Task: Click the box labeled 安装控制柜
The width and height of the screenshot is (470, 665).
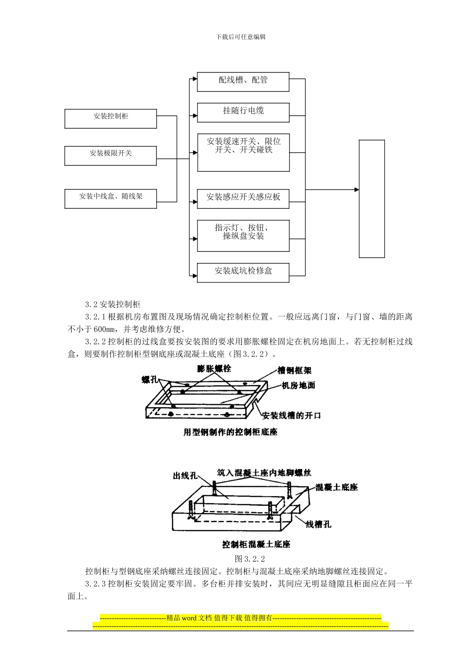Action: click(x=110, y=119)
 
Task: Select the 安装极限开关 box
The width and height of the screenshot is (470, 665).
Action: click(x=110, y=155)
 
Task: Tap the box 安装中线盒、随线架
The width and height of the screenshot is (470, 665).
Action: click(x=110, y=198)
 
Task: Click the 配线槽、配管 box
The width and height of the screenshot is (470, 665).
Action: click(x=243, y=82)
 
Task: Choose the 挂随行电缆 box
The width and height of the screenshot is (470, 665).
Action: click(x=243, y=112)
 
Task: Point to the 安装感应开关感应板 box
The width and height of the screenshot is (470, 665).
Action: click(x=243, y=196)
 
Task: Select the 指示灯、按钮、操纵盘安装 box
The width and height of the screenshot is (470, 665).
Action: click(x=243, y=236)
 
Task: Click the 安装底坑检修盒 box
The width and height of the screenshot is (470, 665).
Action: click(x=243, y=273)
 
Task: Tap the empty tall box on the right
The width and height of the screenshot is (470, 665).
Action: click(x=372, y=198)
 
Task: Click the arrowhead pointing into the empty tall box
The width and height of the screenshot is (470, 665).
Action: click(x=356, y=190)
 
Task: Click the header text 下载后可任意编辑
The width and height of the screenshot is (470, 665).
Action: click(x=241, y=37)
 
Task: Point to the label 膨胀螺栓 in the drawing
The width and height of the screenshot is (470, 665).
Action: click(x=214, y=369)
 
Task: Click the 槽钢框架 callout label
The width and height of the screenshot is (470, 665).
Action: click(x=294, y=370)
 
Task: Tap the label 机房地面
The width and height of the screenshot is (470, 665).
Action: click(x=298, y=385)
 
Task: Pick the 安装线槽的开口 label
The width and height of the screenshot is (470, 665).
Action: click(x=291, y=416)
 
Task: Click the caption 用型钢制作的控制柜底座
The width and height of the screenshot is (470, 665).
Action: click(x=231, y=432)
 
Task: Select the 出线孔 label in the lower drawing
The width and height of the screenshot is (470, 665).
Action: click(x=185, y=475)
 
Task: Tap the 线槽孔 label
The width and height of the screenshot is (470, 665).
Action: click(x=318, y=524)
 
